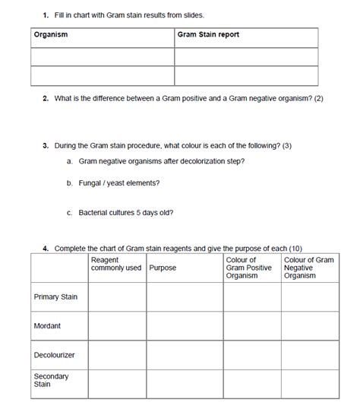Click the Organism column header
pos(51,34)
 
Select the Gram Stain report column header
pos(208,34)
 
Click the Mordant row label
pos(48,326)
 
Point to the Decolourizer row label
pos(53,355)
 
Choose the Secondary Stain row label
pos(51,380)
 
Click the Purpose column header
pos(163,268)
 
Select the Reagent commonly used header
pos(115,265)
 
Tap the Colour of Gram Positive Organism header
pos(248,268)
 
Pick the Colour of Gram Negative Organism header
pos(308,268)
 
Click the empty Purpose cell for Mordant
pos(184,326)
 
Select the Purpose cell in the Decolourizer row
pos(184,355)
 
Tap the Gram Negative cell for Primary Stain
pos(310,296)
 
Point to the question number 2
pos(46,99)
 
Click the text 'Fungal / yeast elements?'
pos(119,182)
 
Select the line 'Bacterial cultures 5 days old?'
pos(125,212)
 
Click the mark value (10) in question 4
pos(296,249)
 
